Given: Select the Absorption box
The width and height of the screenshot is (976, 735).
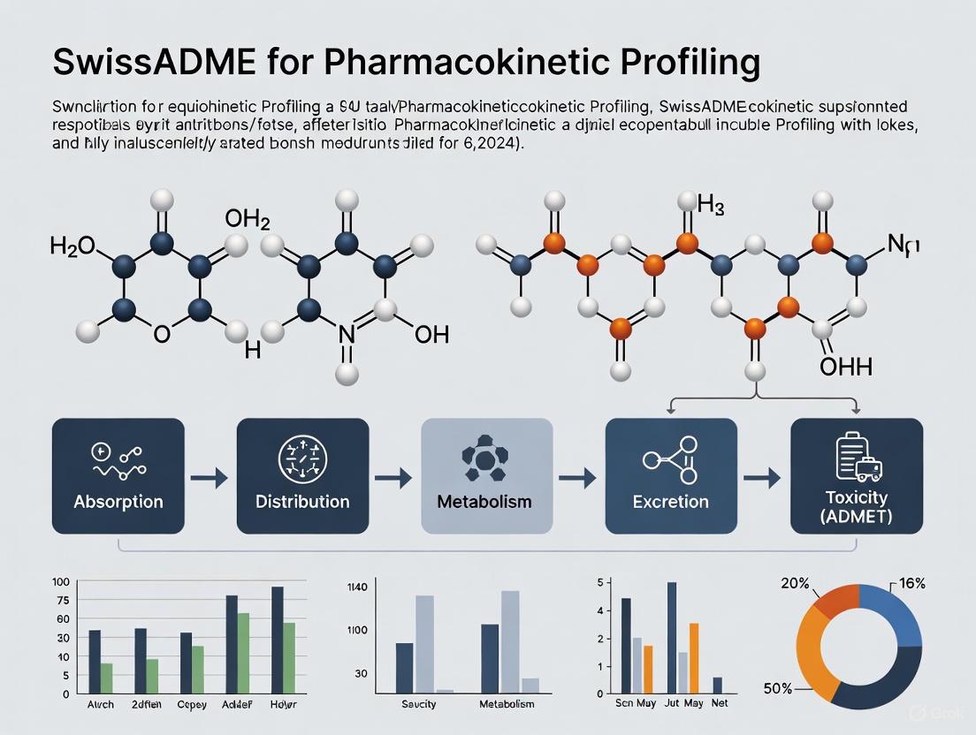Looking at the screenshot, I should click(118, 476).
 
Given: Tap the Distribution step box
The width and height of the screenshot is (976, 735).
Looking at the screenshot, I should click(302, 476).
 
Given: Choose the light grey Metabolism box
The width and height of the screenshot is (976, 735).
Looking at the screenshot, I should click(486, 476).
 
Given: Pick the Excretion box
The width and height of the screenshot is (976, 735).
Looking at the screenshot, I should click(670, 476).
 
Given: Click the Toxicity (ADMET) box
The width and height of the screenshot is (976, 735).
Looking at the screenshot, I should click(856, 476).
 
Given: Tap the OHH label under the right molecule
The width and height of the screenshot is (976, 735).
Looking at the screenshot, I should click(845, 366).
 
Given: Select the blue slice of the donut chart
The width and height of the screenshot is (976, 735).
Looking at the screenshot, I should click(893, 614).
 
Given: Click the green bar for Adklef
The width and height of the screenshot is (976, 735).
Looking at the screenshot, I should click(242, 652).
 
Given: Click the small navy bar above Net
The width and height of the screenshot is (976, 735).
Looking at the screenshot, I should click(717, 685).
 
